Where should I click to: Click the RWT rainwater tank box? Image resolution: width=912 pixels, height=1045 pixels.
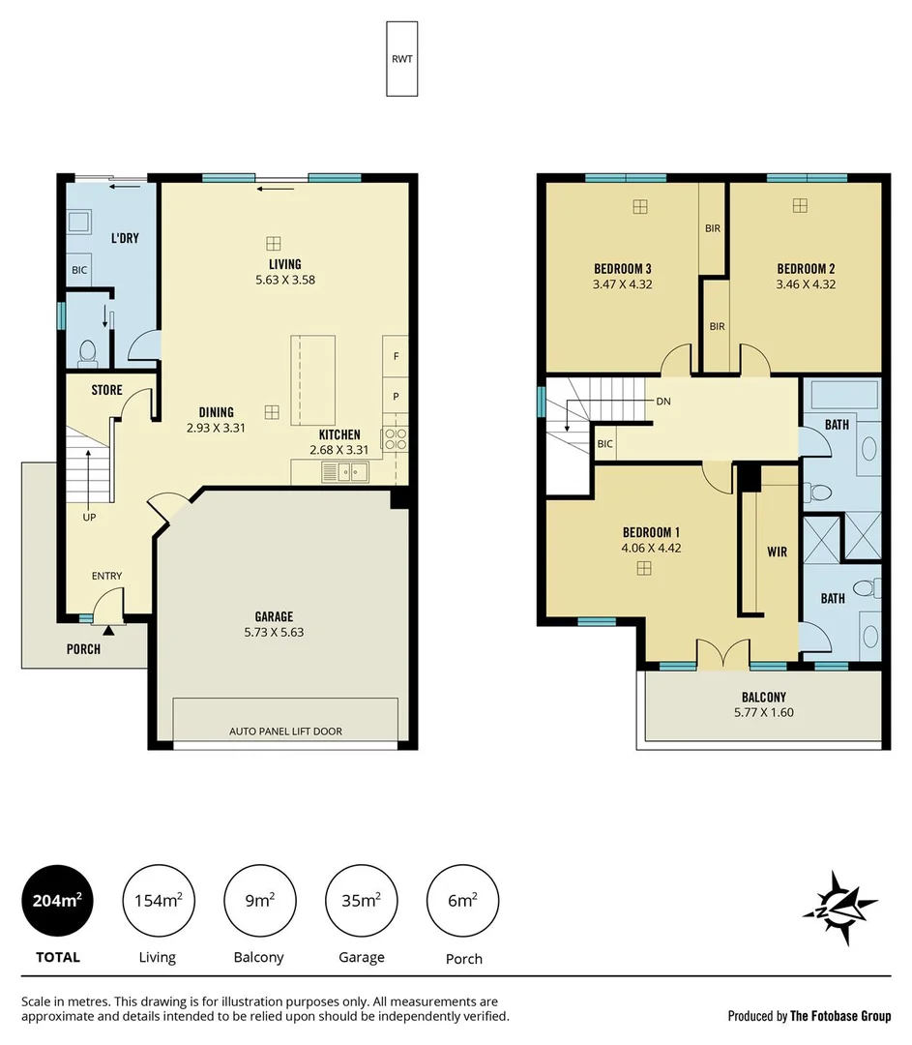[x=401, y=59]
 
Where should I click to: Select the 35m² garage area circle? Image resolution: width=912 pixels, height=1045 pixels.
[x=361, y=901]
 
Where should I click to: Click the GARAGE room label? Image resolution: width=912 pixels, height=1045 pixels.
[x=274, y=616]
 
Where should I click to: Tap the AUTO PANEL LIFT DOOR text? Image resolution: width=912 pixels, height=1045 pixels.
[x=285, y=731]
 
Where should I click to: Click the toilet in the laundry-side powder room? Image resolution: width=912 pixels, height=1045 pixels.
[x=86, y=351]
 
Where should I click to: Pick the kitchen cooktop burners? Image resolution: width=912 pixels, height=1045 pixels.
[x=396, y=440]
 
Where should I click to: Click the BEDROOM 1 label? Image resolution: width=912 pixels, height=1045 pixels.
[x=651, y=532]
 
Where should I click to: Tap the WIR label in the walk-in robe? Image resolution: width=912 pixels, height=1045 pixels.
[x=777, y=552]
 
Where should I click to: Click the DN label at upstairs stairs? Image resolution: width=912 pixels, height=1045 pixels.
[x=662, y=401]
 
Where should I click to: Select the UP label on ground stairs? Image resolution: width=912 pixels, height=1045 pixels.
[x=89, y=517]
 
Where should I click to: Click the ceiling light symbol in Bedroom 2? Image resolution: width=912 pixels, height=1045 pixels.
[x=799, y=205]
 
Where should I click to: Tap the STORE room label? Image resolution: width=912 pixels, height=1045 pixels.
[x=106, y=390]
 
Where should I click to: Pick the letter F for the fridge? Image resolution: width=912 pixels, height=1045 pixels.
[x=396, y=356]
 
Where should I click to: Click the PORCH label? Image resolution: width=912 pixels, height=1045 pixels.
[x=83, y=649]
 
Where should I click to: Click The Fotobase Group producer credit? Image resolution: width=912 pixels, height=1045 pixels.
[x=809, y=1016]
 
